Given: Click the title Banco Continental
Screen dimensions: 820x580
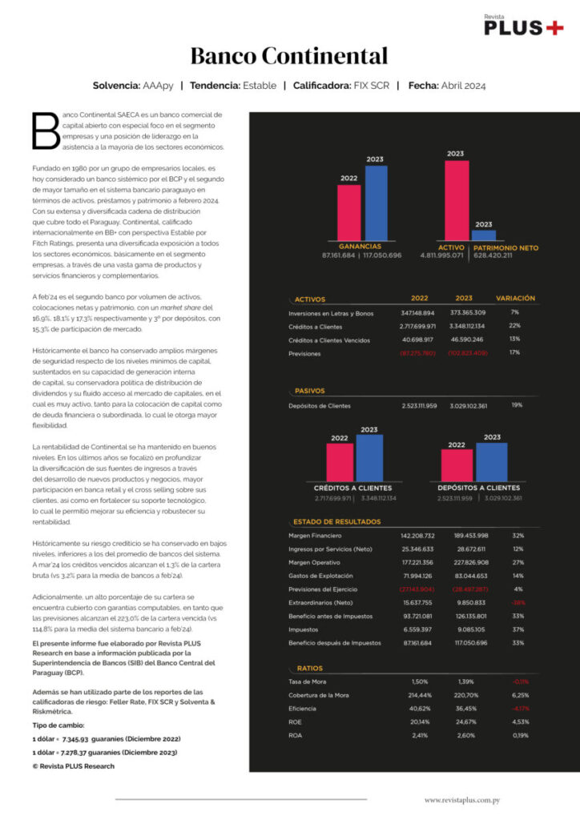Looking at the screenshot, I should tap(289, 56).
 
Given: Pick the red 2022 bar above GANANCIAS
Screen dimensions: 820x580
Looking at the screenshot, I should tap(348, 211).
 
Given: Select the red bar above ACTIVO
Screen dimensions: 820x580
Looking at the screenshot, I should tap(456, 199).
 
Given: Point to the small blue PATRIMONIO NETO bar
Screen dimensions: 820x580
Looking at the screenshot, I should tap(483, 235).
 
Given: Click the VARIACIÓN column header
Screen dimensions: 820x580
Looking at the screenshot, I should tap(515, 298).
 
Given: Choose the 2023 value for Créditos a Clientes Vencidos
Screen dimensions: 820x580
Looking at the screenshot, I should tap(469, 340).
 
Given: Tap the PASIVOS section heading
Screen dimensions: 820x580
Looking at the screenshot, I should tap(309, 391).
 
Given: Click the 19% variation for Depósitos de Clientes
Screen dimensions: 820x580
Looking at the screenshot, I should tap(517, 405).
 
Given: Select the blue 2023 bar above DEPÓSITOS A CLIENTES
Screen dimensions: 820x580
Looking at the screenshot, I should tap(491, 461).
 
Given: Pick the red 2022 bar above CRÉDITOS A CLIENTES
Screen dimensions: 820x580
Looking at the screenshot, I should tap(340, 462).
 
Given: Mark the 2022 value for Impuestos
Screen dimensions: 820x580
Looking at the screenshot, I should tap(417, 629).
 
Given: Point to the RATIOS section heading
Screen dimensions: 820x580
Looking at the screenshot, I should tap(309, 667).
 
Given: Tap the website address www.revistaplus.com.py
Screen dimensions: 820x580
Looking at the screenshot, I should tap(462, 799).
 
